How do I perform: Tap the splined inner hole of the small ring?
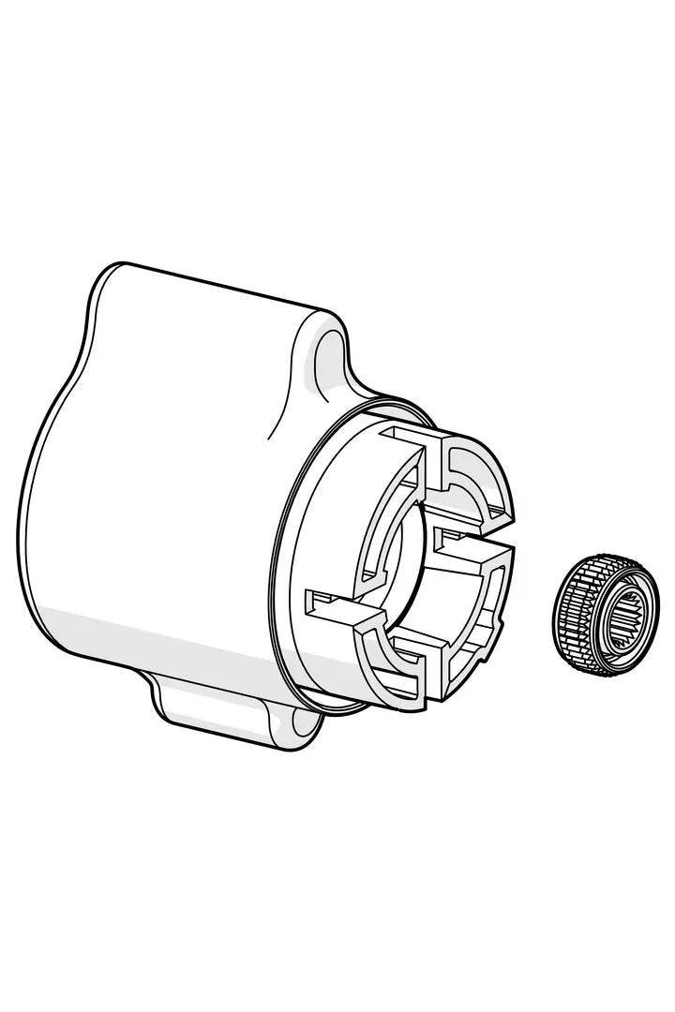click(x=619, y=622)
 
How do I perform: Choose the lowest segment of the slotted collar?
click(x=394, y=661)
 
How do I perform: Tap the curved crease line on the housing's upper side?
click(x=281, y=403)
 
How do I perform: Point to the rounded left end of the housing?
click(x=47, y=525)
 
